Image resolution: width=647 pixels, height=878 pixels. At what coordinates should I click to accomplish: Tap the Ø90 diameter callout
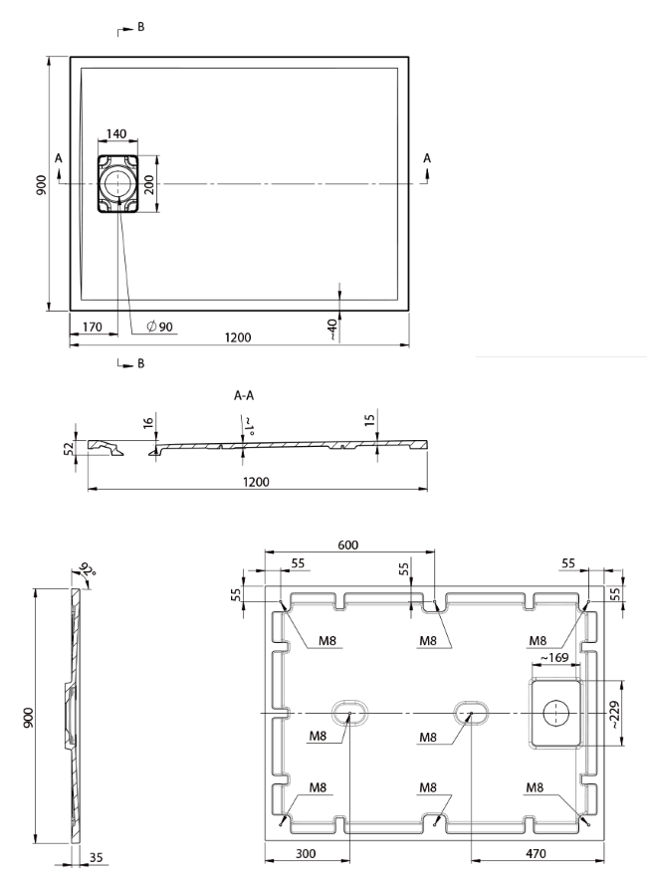pos(159,327)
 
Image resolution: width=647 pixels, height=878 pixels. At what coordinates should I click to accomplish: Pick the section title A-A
pos(244,395)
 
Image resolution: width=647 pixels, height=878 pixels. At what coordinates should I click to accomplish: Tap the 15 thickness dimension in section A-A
pos(370,425)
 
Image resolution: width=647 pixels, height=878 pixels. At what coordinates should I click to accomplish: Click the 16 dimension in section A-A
pos(148,425)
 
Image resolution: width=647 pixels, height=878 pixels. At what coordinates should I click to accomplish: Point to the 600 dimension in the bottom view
pos(347,546)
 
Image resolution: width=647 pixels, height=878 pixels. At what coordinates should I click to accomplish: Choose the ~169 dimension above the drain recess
pos(554,658)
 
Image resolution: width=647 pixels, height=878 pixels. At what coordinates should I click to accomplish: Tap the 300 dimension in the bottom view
pos(307,853)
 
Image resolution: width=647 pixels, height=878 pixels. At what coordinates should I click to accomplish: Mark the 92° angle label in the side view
pos(85,571)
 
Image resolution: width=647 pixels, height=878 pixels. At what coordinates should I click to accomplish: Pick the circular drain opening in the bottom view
pos(554,713)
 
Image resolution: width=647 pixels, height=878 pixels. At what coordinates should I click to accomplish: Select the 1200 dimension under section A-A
pos(257,482)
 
